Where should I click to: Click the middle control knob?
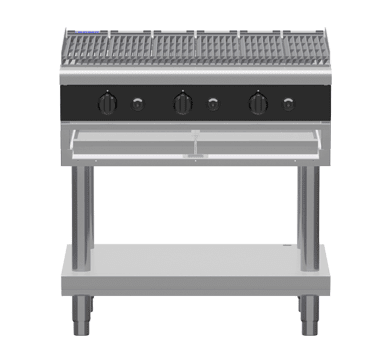(x=181, y=103)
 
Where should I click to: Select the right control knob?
(x=258, y=103)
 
